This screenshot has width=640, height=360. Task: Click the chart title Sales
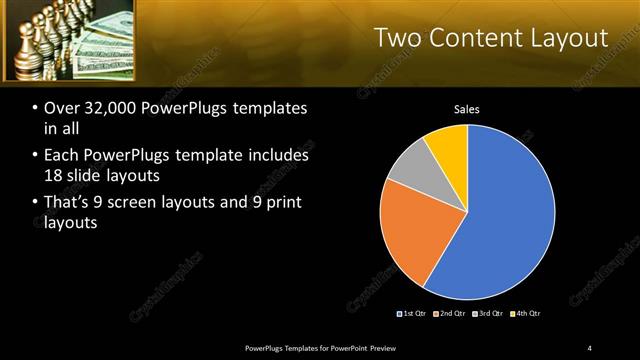click(x=466, y=109)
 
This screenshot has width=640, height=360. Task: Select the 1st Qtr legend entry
click(x=414, y=314)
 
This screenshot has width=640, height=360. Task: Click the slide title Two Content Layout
click(x=491, y=38)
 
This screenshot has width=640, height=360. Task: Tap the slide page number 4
click(x=590, y=347)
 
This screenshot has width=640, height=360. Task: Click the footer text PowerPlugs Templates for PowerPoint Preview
click(x=329, y=347)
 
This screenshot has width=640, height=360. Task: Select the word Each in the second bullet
click(x=62, y=156)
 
